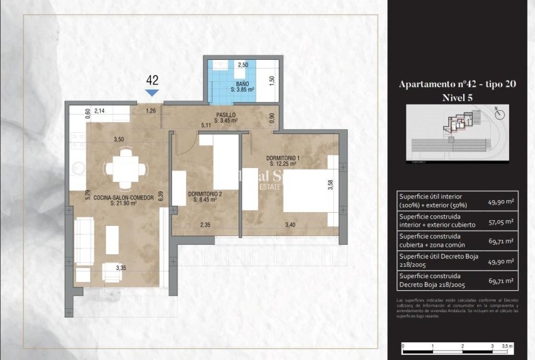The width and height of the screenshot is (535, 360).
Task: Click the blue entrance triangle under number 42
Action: (152, 93)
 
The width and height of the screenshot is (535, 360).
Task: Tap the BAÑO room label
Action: (242, 84)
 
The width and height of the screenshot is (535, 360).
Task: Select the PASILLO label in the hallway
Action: (225, 115)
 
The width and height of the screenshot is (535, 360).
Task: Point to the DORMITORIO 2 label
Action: (204, 194)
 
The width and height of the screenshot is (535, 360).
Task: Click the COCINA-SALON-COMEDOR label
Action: (123, 197)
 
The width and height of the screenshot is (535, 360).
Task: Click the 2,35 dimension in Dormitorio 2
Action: (205, 225)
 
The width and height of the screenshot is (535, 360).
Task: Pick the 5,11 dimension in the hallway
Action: (205, 125)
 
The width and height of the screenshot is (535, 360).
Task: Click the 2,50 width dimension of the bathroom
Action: (242, 65)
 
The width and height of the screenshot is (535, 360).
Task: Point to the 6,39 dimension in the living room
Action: (162, 196)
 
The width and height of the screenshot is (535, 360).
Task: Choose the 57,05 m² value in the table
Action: (500, 222)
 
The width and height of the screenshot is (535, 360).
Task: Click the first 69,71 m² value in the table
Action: (500, 240)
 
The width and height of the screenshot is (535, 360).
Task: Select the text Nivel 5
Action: (458, 97)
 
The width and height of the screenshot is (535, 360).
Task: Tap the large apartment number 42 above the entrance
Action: (152, 80)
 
